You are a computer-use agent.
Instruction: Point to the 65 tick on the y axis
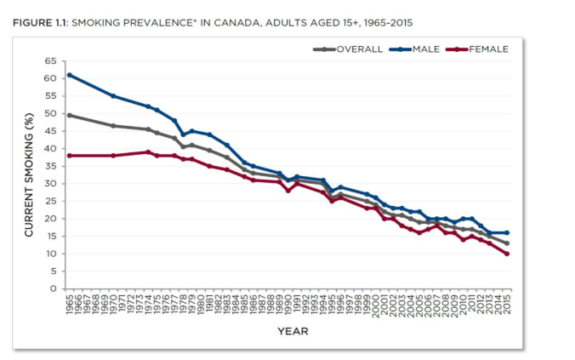52,61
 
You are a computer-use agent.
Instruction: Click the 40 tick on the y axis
52,149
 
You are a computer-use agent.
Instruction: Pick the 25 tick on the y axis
52,201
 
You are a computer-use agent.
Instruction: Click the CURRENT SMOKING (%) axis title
29,174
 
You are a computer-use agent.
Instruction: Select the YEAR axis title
293,331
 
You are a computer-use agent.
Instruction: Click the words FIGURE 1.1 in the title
41,22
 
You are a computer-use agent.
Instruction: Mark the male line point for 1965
69,75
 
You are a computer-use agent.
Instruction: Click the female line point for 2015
508,254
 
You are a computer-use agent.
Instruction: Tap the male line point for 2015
508,232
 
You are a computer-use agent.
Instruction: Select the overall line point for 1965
69,115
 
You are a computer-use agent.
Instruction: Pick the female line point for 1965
69,156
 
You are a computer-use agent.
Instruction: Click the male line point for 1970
113,96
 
